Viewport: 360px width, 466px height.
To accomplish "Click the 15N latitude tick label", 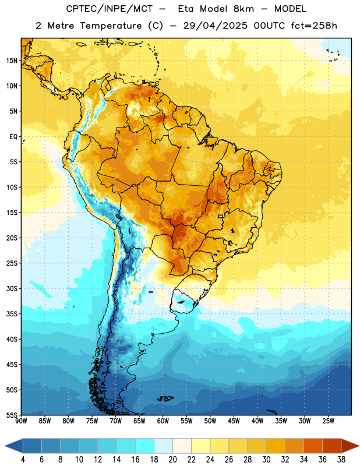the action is click(12, 61).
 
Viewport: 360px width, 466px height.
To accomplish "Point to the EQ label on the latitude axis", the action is click(13, 137).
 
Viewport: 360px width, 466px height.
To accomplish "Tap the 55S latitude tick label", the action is click(12, 415).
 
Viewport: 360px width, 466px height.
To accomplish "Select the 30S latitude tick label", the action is click(12, 288).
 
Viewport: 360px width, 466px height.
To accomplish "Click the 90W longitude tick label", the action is click(21, 421).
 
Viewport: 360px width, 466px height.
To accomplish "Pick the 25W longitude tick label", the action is click(328, 421).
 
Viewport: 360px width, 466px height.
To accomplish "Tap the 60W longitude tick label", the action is click(163, 421).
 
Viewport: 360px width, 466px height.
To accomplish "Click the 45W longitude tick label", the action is click(234, 421).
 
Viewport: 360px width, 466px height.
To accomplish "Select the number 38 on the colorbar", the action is click(341, 460).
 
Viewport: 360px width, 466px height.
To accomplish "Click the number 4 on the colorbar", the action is click(23, 460).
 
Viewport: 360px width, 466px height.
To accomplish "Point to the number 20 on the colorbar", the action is click(172, 460).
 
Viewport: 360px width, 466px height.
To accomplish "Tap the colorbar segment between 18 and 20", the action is click(163, 446).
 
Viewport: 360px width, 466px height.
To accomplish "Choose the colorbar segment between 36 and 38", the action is click(332, 446).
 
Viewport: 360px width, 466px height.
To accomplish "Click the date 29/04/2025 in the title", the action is click(215, 26).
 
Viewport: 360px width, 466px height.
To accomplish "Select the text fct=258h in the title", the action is click(314, 26).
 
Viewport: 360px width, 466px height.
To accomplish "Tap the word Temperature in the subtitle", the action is click(111, 26).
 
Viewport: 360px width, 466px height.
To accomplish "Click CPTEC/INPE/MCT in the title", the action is click(110, 9).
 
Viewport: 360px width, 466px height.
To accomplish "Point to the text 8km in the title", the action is click(243, 9).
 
